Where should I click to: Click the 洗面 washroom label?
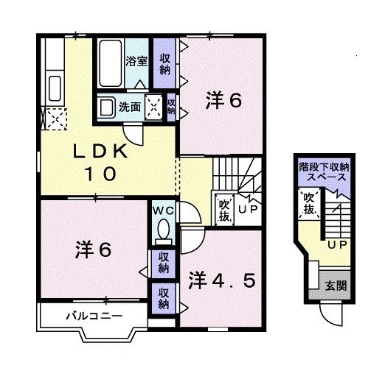[x=131, y=106]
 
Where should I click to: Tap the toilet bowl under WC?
[x=163, y=231]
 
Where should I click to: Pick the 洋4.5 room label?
[x=222, y=280]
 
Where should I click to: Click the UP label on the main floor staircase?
[x=247, y=209]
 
